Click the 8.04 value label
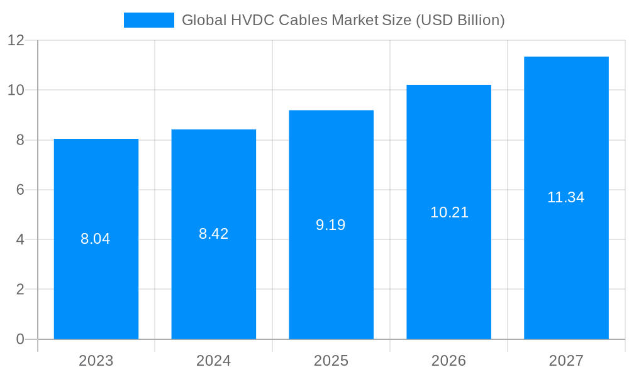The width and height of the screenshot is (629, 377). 96,239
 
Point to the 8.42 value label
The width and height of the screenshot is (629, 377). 214,234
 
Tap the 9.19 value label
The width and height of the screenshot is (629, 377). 331,225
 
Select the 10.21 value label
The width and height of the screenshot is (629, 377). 449,212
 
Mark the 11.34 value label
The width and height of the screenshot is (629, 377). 565,197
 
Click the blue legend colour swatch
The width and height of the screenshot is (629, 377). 149,20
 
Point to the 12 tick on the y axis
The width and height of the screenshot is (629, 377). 16,40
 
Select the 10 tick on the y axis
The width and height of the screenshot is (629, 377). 16,90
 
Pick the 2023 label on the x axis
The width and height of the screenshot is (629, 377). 96,361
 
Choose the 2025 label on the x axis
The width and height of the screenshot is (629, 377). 331,361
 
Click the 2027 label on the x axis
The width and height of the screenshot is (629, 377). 566,361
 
